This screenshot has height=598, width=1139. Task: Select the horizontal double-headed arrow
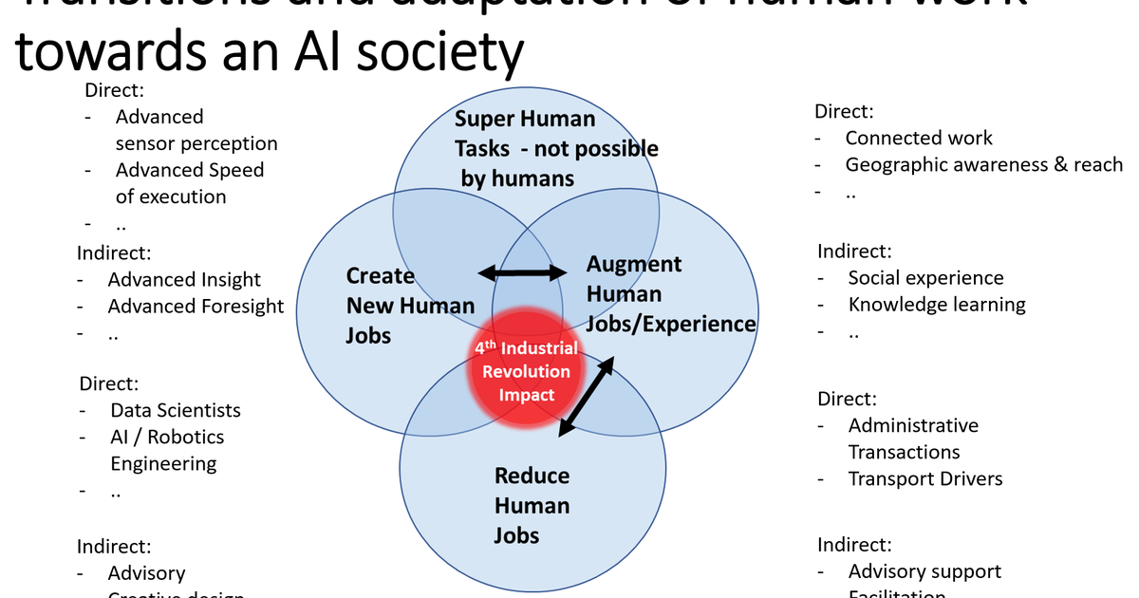(521, 273)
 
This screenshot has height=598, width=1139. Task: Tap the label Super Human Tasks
(555, 148)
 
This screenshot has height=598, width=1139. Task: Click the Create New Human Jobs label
(409, 305)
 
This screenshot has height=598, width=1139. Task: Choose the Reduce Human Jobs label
(532, 505)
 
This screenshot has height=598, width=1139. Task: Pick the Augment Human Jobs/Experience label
(669, 294)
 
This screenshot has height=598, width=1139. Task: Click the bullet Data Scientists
(176, 410)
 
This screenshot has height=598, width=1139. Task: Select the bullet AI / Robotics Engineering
(167, 450)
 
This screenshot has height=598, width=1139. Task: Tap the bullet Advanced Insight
(184, 280)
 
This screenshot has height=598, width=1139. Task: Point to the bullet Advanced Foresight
(196, 307)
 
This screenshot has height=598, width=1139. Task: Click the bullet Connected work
(919, 138)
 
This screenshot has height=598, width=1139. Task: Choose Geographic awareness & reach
(983, 164)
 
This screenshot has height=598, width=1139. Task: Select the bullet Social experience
(925, 278)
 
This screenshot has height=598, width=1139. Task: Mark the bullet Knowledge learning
(937, 305)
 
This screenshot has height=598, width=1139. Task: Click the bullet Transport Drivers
(925, 478)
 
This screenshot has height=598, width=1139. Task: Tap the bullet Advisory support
(924, 571)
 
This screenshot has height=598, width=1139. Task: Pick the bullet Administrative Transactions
(912, 439)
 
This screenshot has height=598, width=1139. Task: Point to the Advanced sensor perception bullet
(196, 130)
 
